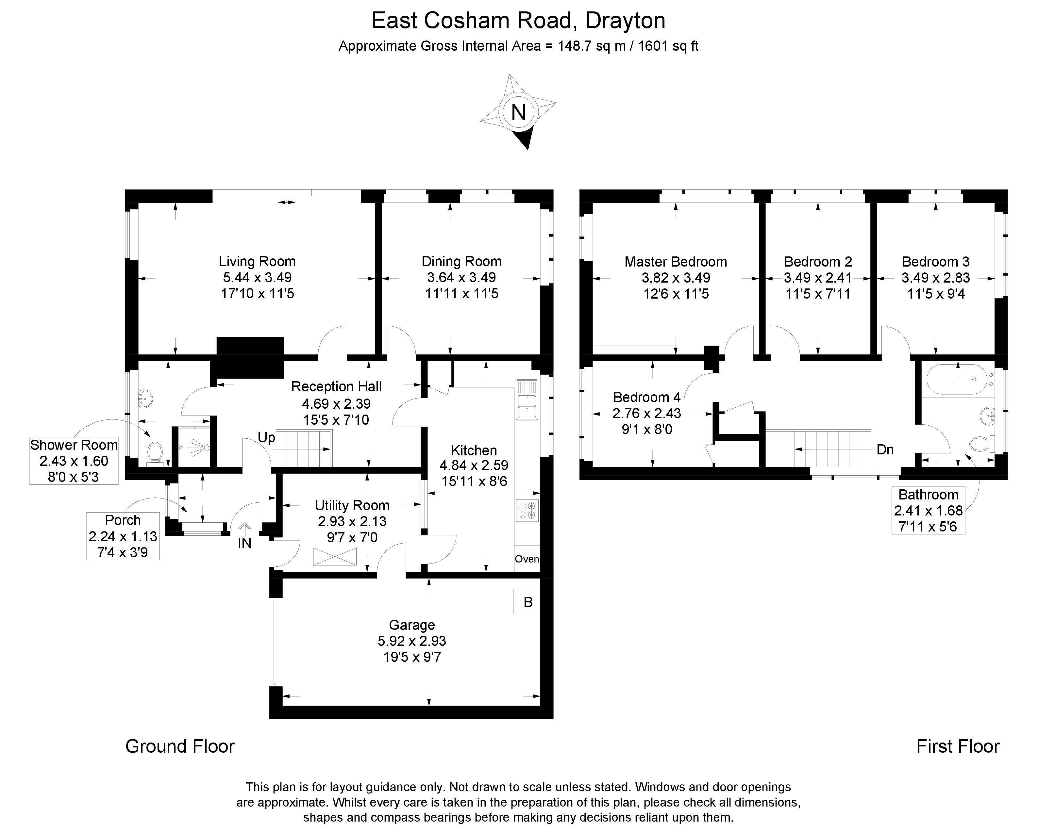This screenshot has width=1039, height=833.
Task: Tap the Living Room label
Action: click(257, 262)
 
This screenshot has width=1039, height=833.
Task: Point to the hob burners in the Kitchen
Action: click(527, 510)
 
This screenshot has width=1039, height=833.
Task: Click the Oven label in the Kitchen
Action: click(527, 559)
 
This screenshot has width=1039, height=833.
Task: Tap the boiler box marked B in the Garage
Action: click(528, 602)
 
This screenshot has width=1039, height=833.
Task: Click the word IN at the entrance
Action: click(245, 543)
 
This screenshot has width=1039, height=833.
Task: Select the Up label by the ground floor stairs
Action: click(266, 437)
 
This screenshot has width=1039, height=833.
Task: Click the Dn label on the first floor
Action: click(885, 449)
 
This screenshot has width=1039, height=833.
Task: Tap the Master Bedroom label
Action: click(676, 262)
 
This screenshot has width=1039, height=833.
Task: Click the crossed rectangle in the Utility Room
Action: click(335, 556)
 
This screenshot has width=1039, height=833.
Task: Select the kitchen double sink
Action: click(527, 400)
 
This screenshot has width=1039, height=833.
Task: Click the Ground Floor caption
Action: click(180, 746)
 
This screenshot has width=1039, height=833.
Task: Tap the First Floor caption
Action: click(958, 746)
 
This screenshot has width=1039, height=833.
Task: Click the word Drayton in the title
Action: click(625, 21)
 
